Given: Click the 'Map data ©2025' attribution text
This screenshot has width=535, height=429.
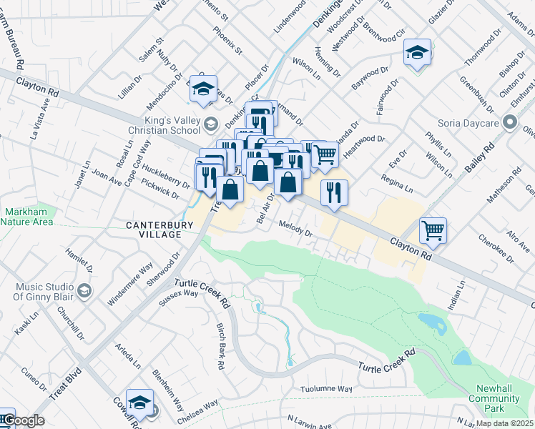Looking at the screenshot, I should [x=505, y=423].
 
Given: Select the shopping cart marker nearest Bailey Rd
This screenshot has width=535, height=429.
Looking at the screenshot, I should [x=433, y=230].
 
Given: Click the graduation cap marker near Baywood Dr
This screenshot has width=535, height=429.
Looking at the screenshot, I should [x=417, y=51].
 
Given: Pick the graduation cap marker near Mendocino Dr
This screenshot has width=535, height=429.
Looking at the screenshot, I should [x=203, y=87].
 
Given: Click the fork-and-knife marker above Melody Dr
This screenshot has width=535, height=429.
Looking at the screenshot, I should [x=334, y=192].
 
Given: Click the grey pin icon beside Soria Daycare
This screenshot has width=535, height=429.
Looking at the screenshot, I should [x=510, y=124].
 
